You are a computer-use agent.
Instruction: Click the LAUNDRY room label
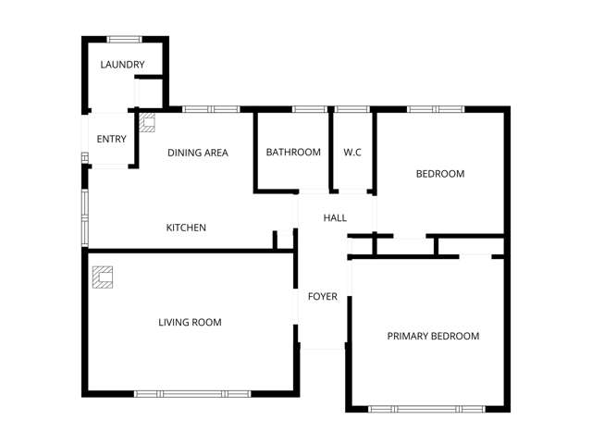point(122,64)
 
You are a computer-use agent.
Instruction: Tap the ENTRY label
point(111,140)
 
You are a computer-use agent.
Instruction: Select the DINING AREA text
point(197,153)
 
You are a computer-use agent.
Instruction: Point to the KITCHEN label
point(186,228)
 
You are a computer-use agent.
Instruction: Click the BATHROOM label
point(293,153)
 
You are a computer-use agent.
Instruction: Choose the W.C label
point(352,153)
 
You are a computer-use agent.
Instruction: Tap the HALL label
point(335,218)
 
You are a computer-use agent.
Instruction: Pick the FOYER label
point(323,297)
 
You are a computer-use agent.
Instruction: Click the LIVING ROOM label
point(190,323)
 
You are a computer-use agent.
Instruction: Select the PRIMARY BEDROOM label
point(433,336)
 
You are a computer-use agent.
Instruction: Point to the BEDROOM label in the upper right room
point(439,174)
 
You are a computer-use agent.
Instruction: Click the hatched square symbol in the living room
point(102,277)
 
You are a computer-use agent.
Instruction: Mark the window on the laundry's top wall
point(123,39)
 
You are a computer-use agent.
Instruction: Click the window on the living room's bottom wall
point(192,394)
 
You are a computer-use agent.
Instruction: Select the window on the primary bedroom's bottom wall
point(425,409)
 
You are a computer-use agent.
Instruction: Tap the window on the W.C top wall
point(351,109)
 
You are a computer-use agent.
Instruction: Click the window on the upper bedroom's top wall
point(435,109)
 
